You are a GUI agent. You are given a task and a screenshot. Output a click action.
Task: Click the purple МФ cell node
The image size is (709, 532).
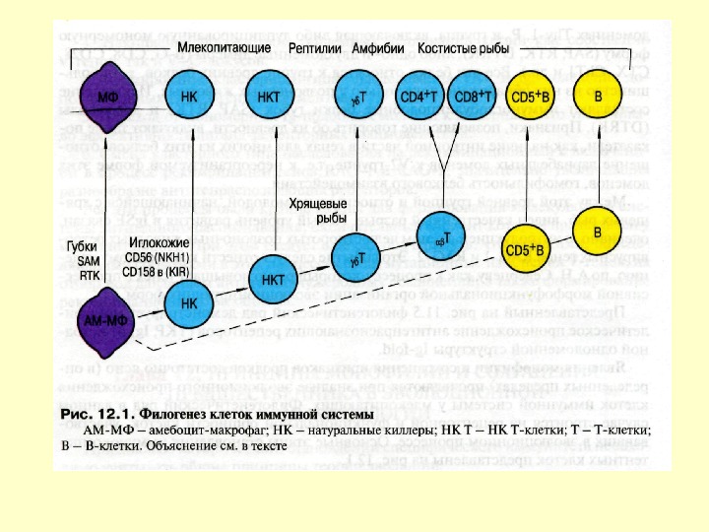coord(107,98)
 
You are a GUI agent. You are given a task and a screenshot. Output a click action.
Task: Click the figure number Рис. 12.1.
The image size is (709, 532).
coord(96,412)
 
